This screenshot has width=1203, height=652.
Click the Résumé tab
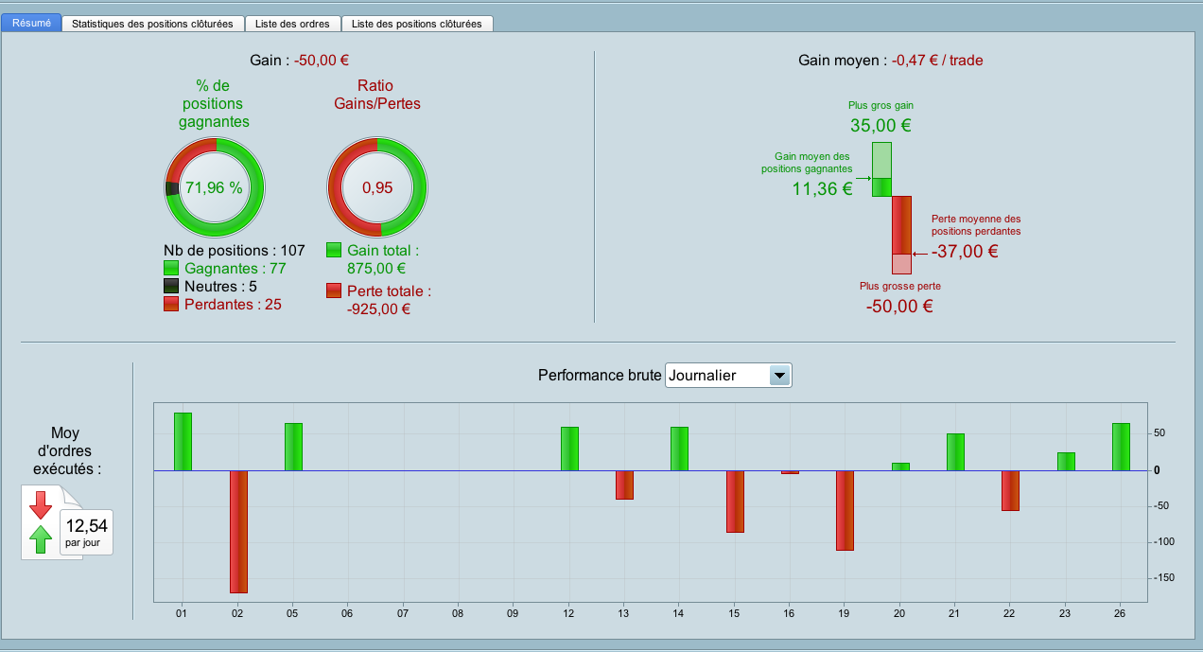[31, 23]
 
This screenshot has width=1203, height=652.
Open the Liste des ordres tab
[291, 24]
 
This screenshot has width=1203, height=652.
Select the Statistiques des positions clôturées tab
[152, 24]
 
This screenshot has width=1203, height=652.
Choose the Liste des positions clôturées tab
[416, 24]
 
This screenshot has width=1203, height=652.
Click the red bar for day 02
[238, 531]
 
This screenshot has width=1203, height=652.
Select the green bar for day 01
[183, 442]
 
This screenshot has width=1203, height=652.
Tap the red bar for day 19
[845, 510]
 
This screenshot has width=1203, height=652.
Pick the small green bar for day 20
[900, 467]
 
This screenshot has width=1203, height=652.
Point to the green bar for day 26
[1121, 447]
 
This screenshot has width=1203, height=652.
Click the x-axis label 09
[514, 614]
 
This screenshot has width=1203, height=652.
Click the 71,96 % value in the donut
[214, 187]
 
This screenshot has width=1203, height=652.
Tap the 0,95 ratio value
[376, 187]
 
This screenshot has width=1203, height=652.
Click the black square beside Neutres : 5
[172, 287]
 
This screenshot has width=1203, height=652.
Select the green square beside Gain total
[334, 251]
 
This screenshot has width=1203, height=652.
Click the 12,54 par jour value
[86, 526]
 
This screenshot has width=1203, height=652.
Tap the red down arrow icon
[41, 504]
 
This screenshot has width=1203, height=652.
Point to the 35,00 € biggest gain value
[880, 126]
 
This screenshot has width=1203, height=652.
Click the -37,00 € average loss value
[965, 252]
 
